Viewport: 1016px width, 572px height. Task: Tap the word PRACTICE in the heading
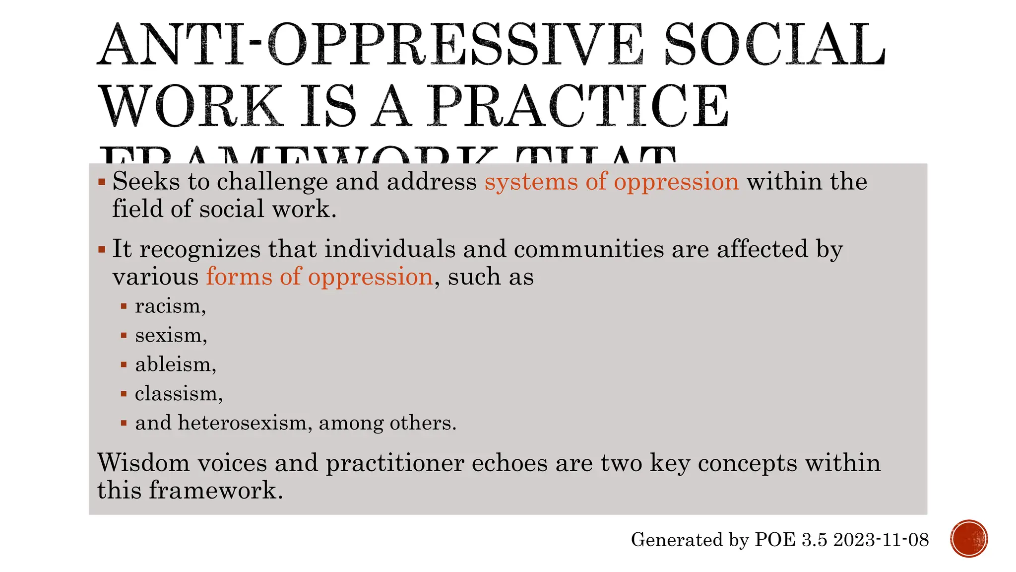(x=580, y=106)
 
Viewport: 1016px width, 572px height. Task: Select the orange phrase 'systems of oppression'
(x=612, y=181)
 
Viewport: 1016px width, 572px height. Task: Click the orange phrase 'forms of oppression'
(x=319, y=277)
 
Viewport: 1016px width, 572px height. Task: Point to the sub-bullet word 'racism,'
(x=170, y=306)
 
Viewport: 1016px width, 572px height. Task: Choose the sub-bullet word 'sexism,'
(x=171, y=336)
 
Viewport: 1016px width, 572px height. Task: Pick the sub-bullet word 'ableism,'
(x=176, y=364)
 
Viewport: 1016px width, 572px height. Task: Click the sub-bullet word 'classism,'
(x=179, y=394)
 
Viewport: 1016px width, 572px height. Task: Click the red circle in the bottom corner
(x=969, y=539)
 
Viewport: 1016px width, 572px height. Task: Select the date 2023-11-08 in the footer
(x=881, y=540)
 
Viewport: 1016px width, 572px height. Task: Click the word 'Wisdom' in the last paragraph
(x=143, y=463)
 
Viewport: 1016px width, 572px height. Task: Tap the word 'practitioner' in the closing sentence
(x=395, y=464)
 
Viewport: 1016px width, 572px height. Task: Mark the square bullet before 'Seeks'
(x=102, y=182)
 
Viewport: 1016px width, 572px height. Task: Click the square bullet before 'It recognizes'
(x=102, y=249)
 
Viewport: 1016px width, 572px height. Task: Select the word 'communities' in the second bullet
(x=588, y=249)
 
